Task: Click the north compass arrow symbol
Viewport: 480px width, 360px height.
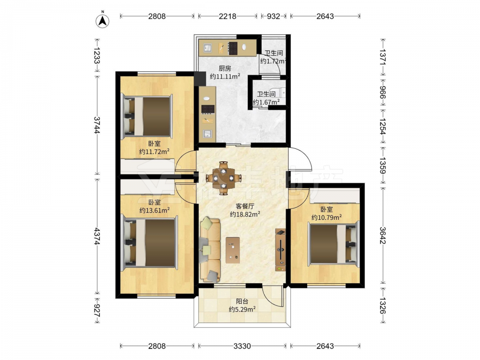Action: coord(103,21)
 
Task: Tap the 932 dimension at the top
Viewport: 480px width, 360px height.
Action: coord(274,16)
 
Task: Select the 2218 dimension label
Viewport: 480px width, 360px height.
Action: coord(228,16)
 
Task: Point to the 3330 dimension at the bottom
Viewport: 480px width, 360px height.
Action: coord(242,346)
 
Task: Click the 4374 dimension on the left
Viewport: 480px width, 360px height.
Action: coord(97,236)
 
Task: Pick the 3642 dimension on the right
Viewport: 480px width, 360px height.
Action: coord(383,235)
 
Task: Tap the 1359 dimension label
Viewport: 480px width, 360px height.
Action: coord(383,165)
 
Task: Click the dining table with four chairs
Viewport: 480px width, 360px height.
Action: coord(224,178)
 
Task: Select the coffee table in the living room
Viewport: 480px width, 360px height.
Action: coord(233,250)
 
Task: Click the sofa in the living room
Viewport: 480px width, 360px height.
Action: coord(210,250)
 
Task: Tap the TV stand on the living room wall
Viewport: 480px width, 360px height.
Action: coord(280,250)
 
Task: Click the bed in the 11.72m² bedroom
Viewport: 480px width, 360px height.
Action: coord(147,116)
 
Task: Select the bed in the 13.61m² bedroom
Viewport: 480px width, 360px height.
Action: coord(150,243)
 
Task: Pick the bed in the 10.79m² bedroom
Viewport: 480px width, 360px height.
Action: coord(334,244)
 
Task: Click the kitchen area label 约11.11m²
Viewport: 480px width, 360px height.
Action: coord(225,76)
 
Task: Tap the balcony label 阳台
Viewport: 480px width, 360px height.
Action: coord(242,301)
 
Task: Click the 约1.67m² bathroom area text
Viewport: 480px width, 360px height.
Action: coord(266,102)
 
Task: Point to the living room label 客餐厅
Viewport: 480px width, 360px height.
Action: coord(245,206)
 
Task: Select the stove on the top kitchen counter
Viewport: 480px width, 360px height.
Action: coord(233,48)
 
